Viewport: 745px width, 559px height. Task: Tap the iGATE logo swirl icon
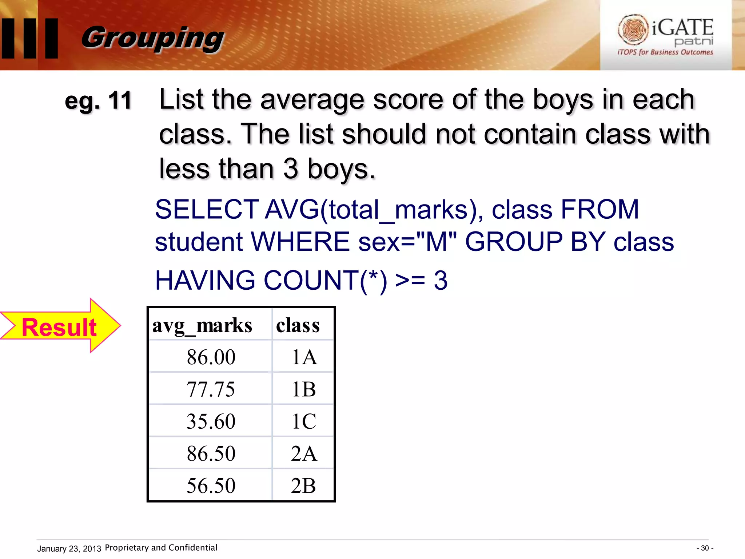pos(633,29)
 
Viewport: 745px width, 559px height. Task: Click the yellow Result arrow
pos(60,326)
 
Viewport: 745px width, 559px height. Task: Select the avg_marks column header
pos(202,325)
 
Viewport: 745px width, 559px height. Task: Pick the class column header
pos(298,325)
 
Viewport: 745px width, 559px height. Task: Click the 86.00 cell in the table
pos(211,357)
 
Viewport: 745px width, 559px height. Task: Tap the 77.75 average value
pos(211,389)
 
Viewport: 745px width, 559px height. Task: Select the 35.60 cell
pos(211,421)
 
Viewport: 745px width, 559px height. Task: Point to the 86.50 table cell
pos(211,453)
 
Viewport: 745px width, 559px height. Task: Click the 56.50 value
pos(211,485)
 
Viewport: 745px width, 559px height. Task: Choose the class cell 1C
pos(304,421)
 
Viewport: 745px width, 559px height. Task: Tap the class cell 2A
pos(304,453)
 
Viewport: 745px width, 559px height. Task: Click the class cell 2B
pos(304,485)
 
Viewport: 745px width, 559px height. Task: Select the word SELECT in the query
pos(207,210)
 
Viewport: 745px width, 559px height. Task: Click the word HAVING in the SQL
pos(205,280)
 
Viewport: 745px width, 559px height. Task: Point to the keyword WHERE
pos(300,242)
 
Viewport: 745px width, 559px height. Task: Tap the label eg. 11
pos(98,101)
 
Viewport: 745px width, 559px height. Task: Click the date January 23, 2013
pos(69,548)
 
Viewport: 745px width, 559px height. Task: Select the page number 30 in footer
pos(705,548)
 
